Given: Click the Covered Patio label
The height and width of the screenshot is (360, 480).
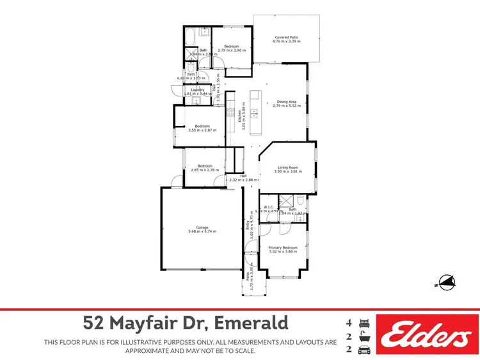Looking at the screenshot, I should click(287, 38).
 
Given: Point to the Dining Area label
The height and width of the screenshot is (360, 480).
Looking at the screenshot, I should click(286, 102).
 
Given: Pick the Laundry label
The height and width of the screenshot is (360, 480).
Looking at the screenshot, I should click(198, 90).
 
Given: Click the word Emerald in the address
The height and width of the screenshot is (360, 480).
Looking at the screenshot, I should click(253, 322).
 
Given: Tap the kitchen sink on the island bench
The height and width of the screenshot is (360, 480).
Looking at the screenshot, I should click(254, 114).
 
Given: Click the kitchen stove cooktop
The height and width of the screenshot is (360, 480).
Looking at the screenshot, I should click(228, 114).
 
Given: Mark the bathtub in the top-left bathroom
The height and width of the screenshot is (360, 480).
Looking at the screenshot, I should click(189, 35).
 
